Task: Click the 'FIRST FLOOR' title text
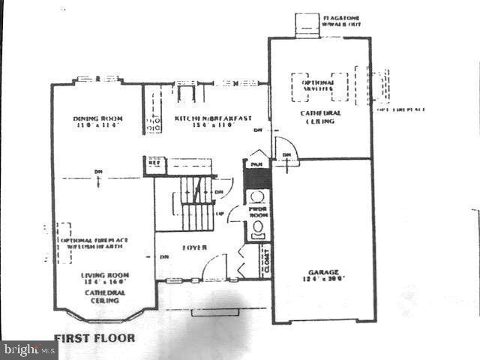coord(94,337)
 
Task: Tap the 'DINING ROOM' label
coord(97,118)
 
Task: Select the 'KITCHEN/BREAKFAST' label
coord(212,118)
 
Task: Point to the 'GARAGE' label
coord(322,271)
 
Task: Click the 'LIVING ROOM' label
coord(103,275)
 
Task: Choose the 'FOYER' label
coord(194,247)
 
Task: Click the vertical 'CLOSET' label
coord(264,262)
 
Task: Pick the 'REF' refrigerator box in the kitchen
coord(154,162)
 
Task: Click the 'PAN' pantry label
coord(256,164)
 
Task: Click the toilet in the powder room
coord(258,227)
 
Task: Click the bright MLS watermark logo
coord(28,349)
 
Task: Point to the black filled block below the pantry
coord(256,178)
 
